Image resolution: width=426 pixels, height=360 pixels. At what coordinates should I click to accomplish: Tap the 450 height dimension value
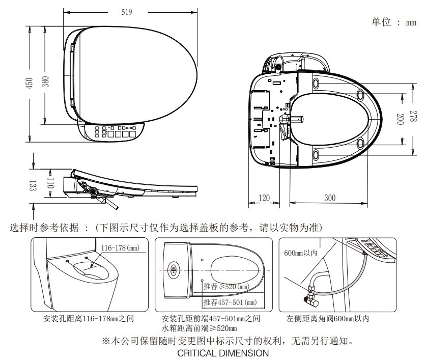pos(29,82)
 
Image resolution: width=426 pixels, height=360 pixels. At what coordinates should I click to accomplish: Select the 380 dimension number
pos(45,81)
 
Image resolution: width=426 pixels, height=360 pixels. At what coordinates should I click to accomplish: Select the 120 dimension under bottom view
pos(264,198)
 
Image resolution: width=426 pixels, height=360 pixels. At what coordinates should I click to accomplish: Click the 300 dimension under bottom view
pos(330,198)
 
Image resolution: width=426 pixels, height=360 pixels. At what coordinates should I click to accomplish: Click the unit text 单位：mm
pos(394,22)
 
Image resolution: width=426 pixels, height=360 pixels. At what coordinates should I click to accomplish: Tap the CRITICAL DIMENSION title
pos(223,352)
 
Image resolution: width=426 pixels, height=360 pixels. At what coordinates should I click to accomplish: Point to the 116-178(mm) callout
pos(120,248)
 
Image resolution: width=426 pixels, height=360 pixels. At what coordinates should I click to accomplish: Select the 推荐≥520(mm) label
pos(226,287)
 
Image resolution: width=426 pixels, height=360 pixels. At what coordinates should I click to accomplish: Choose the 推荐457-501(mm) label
pos(230,302)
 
